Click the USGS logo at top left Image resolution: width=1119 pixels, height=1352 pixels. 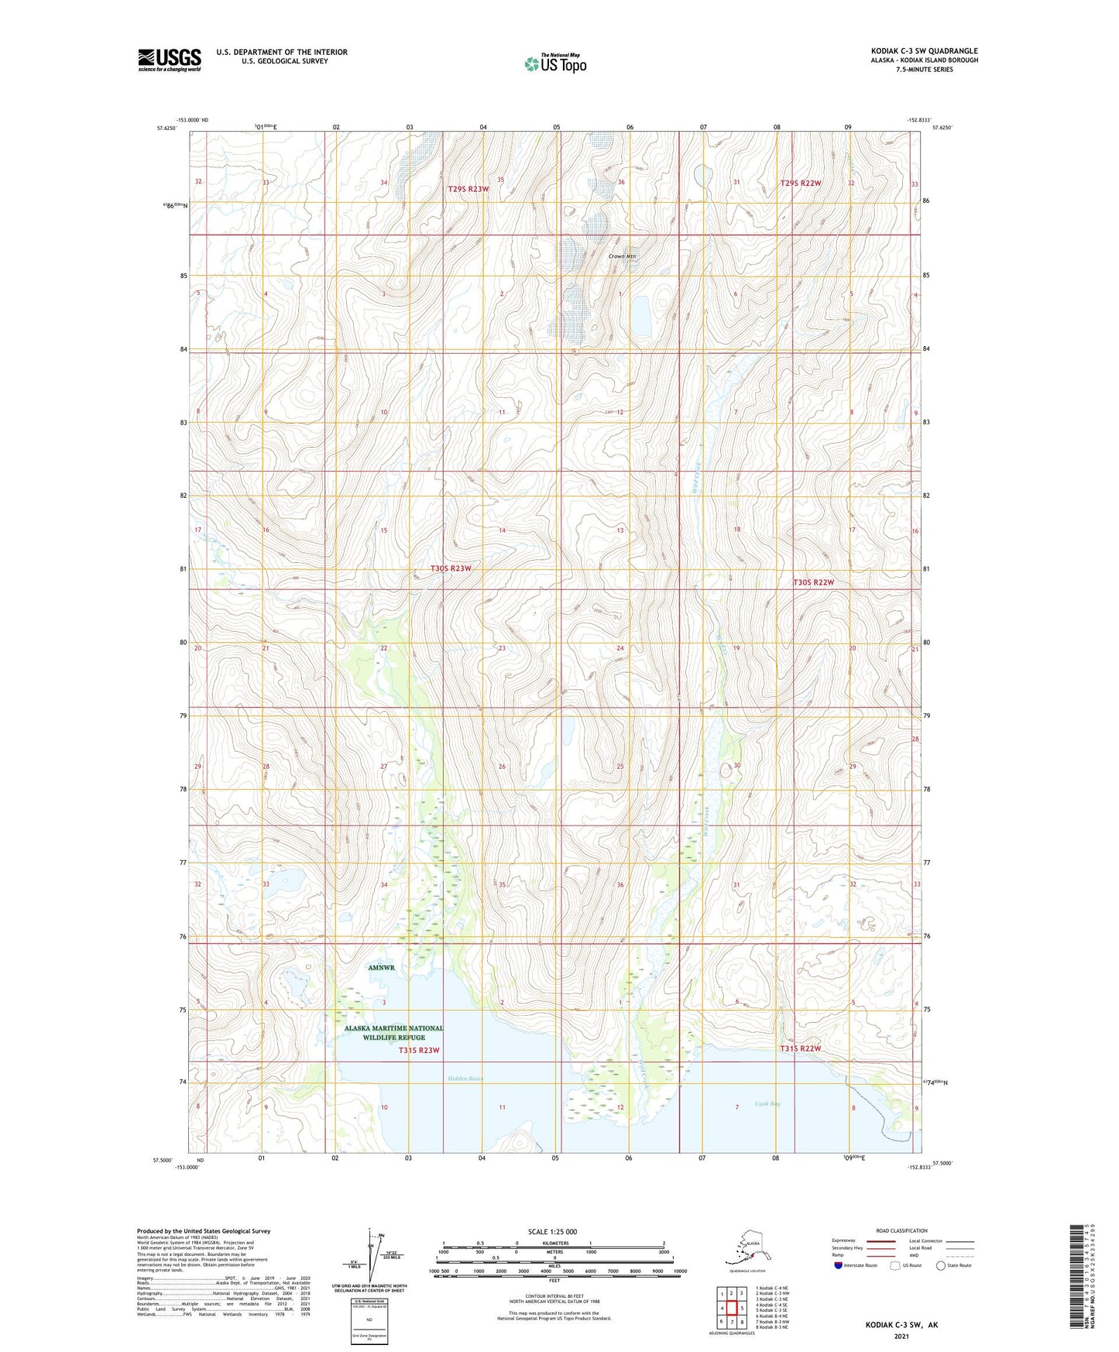coord(170,60)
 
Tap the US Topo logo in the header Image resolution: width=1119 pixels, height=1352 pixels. coord(554,63)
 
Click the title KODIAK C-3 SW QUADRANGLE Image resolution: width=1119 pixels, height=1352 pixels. coord(924,51)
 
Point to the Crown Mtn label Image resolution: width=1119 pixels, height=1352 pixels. coord(621,256)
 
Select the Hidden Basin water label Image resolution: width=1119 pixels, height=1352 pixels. coord(465,1078)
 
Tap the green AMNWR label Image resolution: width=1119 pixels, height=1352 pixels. coord(381,968)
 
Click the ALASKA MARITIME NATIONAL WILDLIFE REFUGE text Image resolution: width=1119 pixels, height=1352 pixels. coord(394,1033)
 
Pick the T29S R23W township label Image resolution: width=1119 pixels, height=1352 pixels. coord(469,189)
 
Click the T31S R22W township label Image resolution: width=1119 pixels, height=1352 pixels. coord(800,1048)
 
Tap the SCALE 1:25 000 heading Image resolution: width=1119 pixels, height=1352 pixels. coord(552,1232)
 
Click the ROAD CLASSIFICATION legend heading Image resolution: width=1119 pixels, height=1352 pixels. coord(902,1231)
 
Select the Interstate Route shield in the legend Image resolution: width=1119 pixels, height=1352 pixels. coord(839,1265)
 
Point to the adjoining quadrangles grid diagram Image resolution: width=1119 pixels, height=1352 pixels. coord(731,1309)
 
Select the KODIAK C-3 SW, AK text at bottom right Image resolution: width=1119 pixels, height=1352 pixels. coord(901,1325)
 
